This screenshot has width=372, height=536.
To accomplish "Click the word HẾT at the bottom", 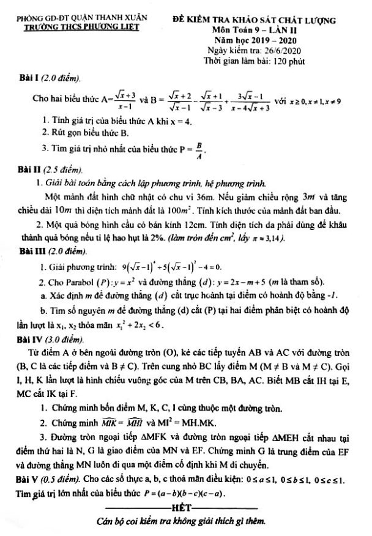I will point(184,507).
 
